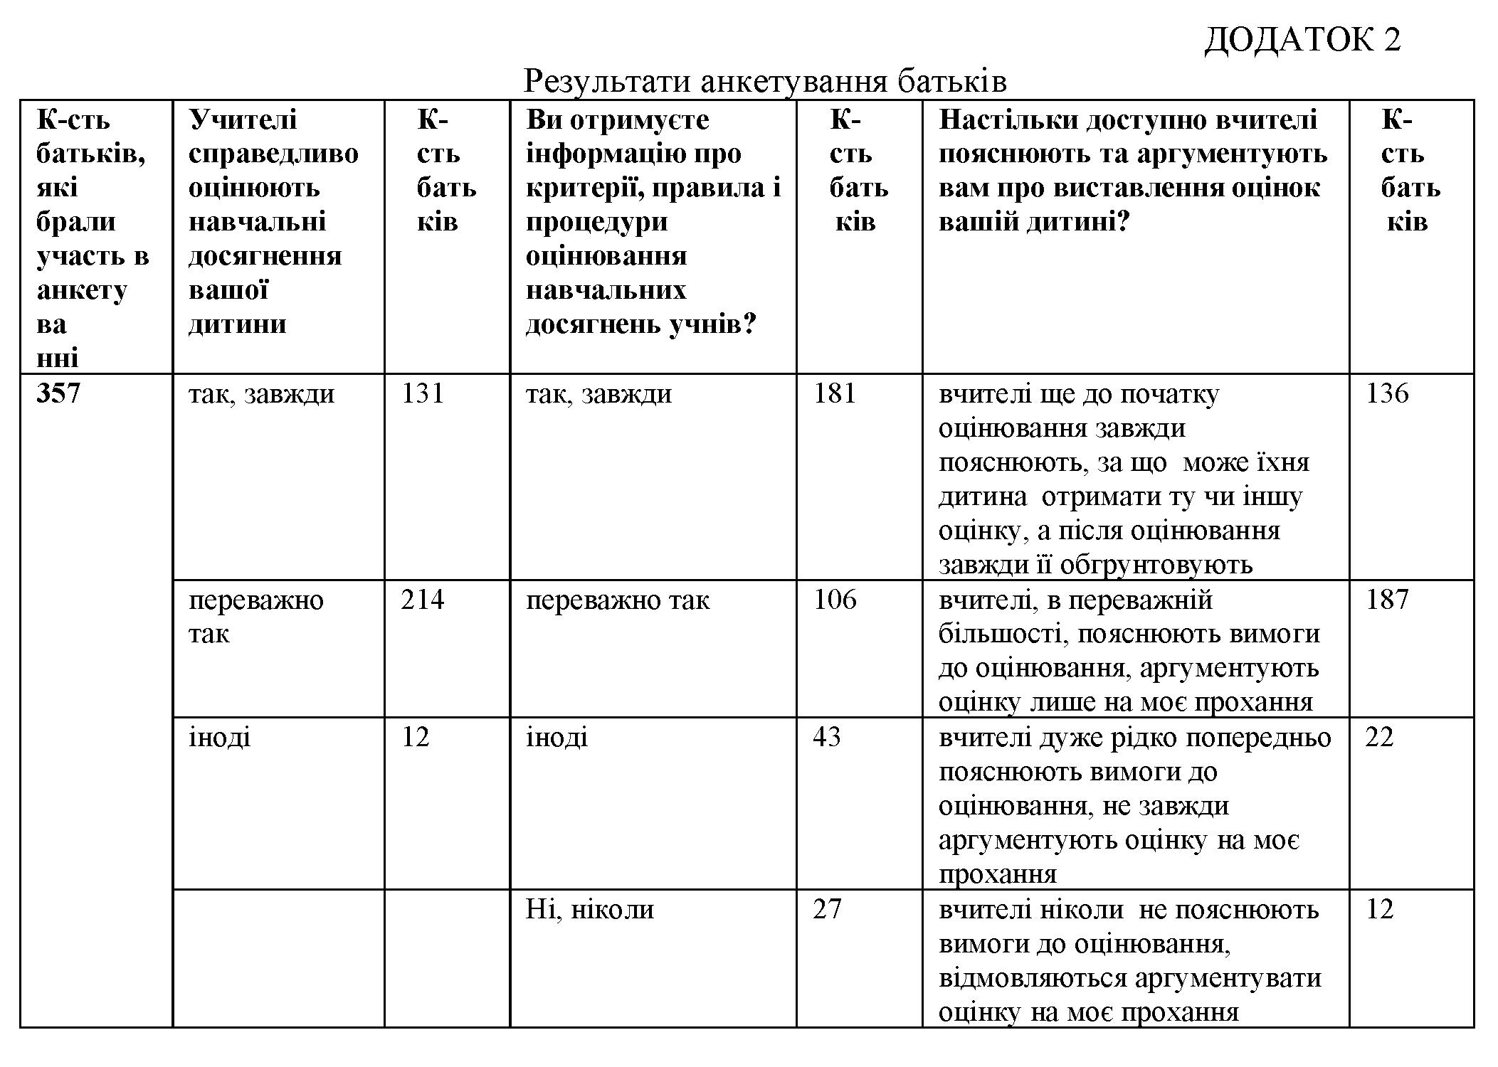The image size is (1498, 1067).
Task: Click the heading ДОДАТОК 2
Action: (x=1302, y=40)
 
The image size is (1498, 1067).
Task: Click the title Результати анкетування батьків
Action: (x=764, y=82)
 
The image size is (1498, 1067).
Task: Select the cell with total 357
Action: (x=58, y=393)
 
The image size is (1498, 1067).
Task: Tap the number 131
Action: (x=423, y=393)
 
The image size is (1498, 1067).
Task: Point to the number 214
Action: (x=422, y=600)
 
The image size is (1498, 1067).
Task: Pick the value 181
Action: (x=835, y=393)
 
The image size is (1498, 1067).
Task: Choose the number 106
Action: (x=835, y=600)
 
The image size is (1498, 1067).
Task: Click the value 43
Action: (x=826, y=737)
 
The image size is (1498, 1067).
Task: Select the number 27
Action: (x=826, y=910)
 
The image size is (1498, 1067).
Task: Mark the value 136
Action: (x=1386, y=393)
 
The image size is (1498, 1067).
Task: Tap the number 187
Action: (x=1386, y=600)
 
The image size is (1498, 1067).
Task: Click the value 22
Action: (x=1378, y=737)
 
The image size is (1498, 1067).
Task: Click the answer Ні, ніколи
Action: (x=589, y=910)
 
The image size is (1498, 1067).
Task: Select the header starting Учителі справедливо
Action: (x=273, y=221)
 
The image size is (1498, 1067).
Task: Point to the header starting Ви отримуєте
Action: (x=653, y=221)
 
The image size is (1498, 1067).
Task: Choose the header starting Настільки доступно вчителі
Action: (x=1132, y=171)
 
